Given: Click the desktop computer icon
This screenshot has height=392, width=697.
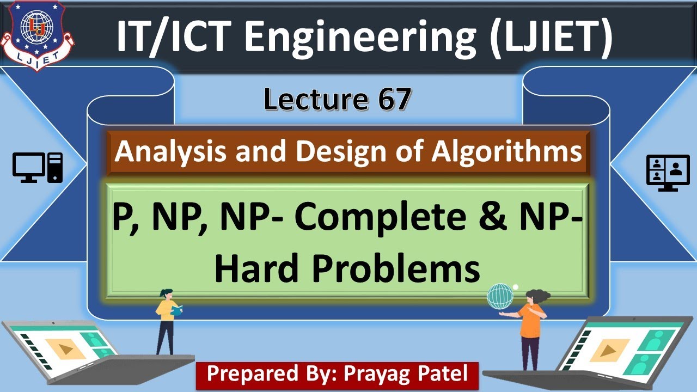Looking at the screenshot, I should [x=38, y=168].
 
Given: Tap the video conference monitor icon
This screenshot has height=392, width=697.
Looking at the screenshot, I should [x=664, y=173].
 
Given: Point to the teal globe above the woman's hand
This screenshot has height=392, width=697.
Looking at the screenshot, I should [x=500, y=297].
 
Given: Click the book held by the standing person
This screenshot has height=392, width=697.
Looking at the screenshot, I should [x=177, y=311].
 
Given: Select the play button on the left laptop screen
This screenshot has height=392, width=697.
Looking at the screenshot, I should [x=65, y=348].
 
